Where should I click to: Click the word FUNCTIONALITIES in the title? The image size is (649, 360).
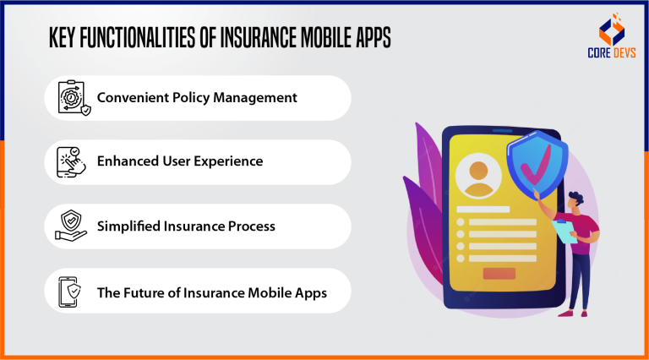click(137, 38)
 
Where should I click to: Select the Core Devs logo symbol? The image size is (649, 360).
click(612, 29)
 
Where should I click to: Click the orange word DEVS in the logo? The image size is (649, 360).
click(624, 53)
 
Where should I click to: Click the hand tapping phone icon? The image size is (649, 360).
click(71, 161)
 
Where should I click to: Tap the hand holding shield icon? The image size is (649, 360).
click(71, 226)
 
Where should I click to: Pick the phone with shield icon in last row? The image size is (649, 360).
click(69, 292)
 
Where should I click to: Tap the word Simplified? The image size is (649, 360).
click(128, 226)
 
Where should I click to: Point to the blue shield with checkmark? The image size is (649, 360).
click(537, 164)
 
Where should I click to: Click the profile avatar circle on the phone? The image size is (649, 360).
click(478, 176)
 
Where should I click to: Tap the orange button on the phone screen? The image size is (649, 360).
click(499, 274)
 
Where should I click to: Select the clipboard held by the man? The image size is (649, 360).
click(564, 232)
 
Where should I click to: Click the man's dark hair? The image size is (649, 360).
click(576, 198)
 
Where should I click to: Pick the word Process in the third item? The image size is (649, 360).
click(252, 226)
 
